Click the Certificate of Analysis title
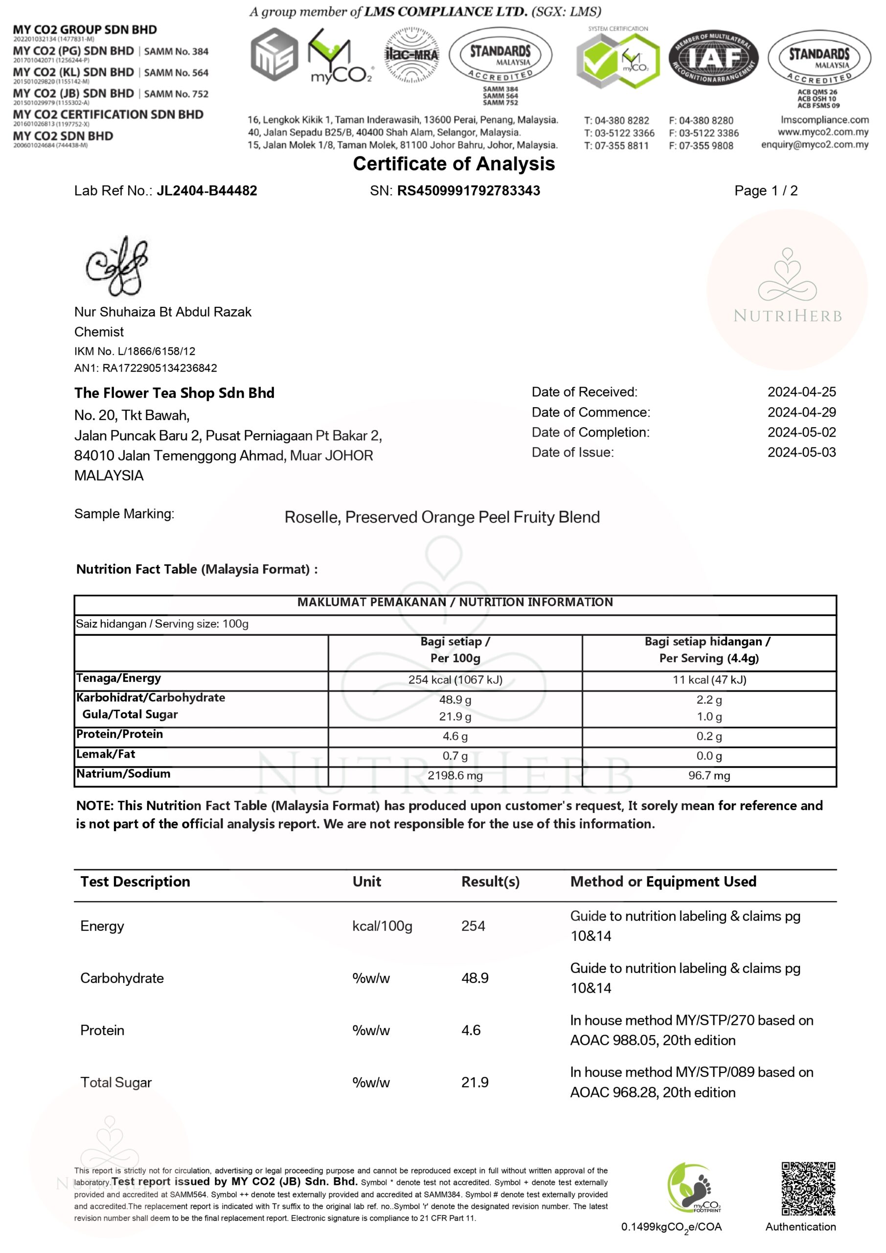[x=454, y=163]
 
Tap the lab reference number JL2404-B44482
[x=207, y=190]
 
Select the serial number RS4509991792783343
[x=468, y=190]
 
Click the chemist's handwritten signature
[x=117, y=266]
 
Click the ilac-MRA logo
[x=411, y=55]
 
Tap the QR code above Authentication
[x=808, y=1188]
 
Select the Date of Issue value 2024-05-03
[x=801, y=452]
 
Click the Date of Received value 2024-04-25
[x=801, y=392]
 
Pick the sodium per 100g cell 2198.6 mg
[x=455, y=775]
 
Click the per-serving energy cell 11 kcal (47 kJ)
[x=709, y=679]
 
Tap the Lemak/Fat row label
[x=106, y=754]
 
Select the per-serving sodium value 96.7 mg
[x=709, y=775]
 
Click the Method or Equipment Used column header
[x=663, y=882]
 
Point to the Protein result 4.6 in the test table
[x=471, y=1030]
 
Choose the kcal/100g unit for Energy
[x=382, y=926]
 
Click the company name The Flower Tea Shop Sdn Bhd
[x=174, y=393]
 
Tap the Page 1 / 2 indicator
[x=766, y=190]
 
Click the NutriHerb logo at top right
[x=787, y=289]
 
